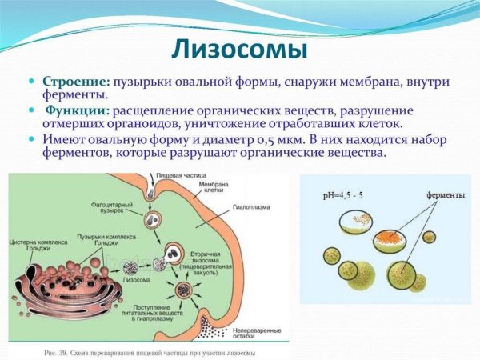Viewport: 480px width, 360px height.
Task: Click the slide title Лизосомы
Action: click(240, 50)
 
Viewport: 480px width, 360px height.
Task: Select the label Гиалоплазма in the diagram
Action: click(254, 207)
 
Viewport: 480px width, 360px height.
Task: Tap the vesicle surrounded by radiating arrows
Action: click(185, 289)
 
